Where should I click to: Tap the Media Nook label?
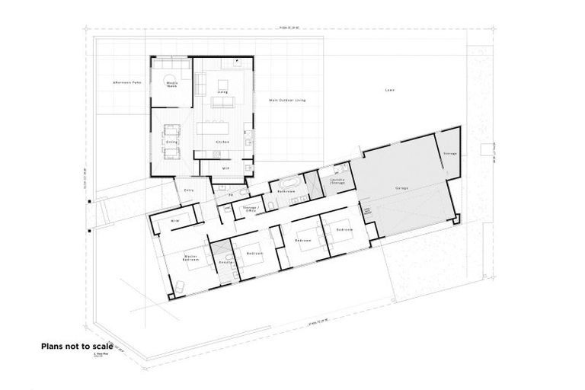(x=171, y=85)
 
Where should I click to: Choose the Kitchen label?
(x=222, y=142)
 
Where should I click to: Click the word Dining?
(x=171, y=142)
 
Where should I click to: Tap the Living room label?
(x=222, y=92)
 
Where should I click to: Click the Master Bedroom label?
(x=192, y=259)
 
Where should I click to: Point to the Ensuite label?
(x=225, y=261)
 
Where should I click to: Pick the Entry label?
(x=188, y=190)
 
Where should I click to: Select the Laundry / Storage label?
(x=337, y=182)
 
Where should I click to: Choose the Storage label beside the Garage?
(x=449, y=153)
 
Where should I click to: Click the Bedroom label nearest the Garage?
(x=344, y=229)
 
